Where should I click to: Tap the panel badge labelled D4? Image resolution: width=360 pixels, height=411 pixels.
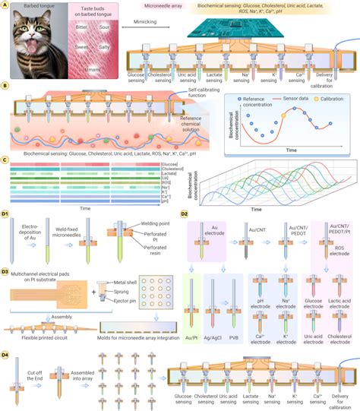tap(6, 354)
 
